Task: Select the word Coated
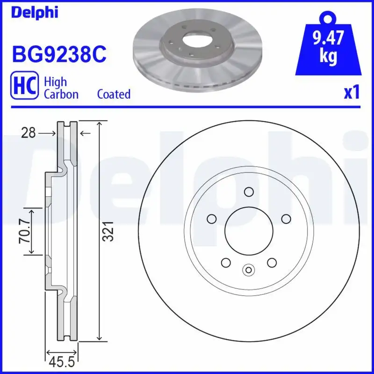[114, 94]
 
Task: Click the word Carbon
[61, 94]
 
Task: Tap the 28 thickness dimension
[29, 133]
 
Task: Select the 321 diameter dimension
[108, 230]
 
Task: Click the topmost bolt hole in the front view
[249, 191]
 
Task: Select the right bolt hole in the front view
[286, 218]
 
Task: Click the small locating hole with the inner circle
[249, 269]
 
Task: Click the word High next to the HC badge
[55, 82]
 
